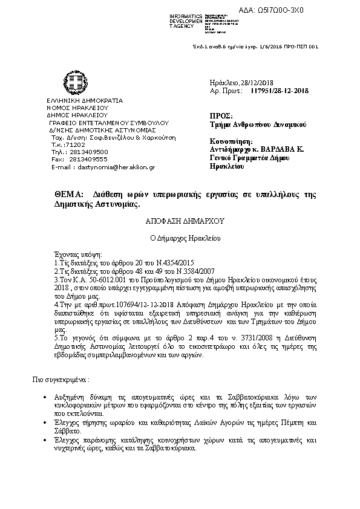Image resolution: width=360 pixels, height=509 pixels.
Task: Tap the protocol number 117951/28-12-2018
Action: click(x=279, y=91)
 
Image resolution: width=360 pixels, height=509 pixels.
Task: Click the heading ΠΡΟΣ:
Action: click(x=220, y=114)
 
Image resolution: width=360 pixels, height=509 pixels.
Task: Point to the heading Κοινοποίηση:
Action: click(x=226, y=140)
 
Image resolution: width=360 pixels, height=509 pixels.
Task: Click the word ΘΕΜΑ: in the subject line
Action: click(x=67, y=194)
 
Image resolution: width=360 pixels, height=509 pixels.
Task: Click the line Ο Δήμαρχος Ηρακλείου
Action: click(x=179, y=238)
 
